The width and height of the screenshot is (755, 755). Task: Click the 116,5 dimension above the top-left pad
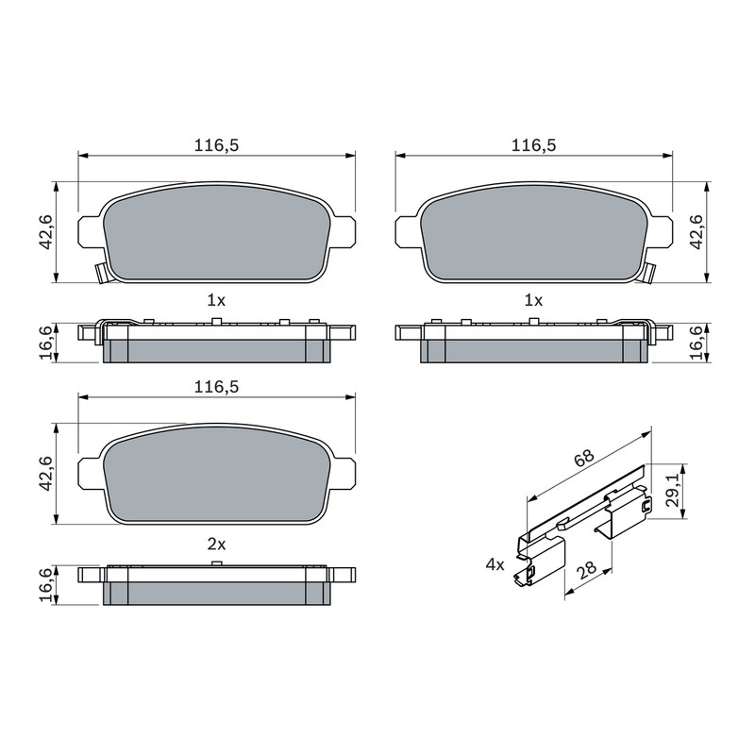coord(216,145)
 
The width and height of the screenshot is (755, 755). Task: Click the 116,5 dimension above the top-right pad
coord(533,145)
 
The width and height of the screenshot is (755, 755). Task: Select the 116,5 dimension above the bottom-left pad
coord(216,387)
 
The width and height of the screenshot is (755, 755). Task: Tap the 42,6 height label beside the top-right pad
coord(696,231)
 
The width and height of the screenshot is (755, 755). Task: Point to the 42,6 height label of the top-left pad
coord(45,231)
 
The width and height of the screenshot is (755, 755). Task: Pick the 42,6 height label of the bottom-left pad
coord(45,474)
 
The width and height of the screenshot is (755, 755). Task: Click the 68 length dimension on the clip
coord(584,459)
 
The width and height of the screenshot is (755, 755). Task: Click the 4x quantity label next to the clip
coord(495,564)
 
